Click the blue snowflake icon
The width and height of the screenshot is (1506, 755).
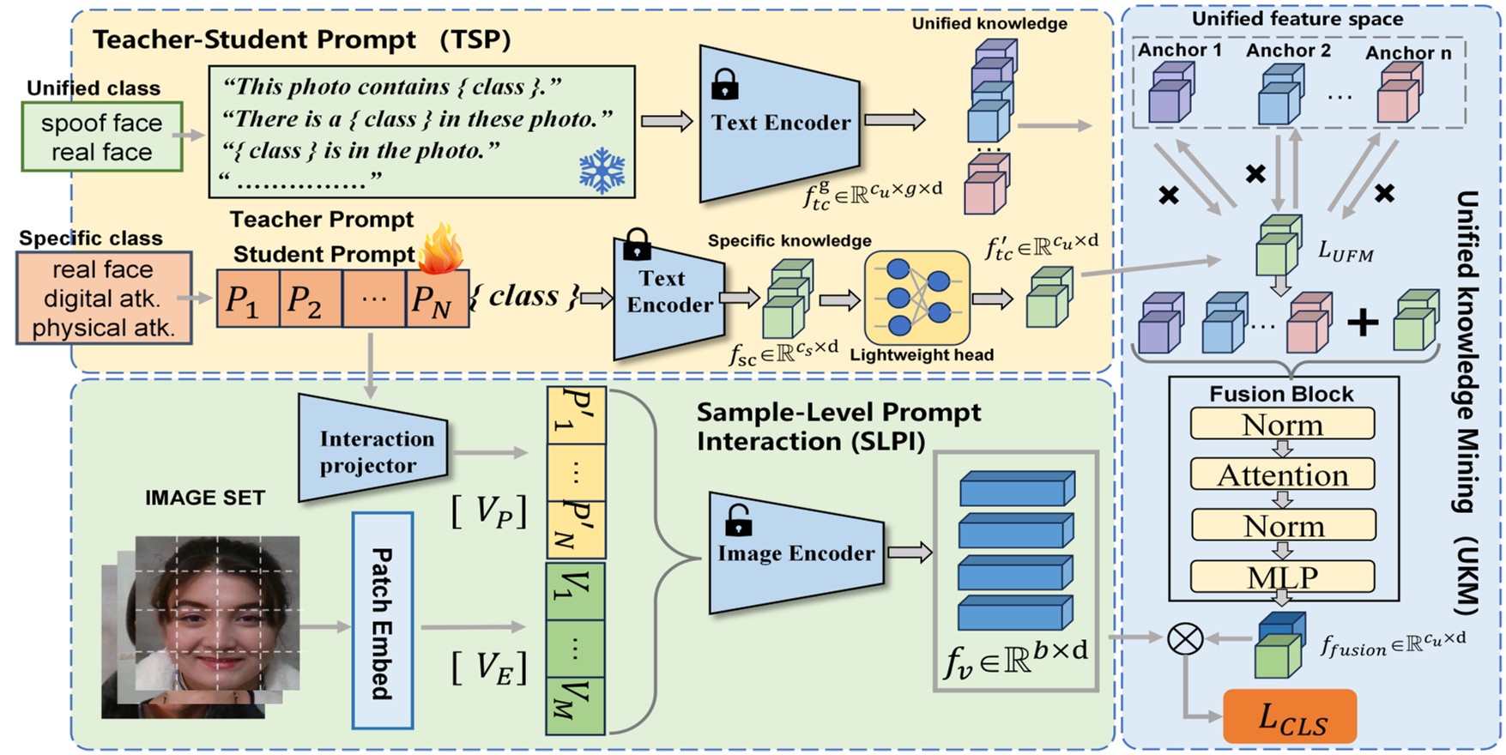coord(602,170)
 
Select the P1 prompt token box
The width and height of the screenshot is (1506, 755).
coord(247,299)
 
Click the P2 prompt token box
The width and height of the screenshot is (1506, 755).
coord(310,299)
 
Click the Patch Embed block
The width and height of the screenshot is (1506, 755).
coord(382,621)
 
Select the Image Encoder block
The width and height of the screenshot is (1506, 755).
coord(795,553)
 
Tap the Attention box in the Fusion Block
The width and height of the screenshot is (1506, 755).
coord(1282,474)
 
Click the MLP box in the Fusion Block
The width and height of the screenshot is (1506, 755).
coord(1282,577)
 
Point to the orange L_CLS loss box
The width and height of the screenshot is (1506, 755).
coord(1290,716)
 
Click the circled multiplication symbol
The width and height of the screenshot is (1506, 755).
coord(1185,637)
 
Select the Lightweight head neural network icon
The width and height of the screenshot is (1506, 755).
coord(917,297)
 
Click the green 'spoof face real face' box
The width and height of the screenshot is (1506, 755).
coord(101,137)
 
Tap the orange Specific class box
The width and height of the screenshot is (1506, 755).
coord(103,299)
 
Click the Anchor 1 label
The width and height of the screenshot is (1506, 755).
coord(1179,51)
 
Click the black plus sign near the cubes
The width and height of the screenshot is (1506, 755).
coord(1362,323)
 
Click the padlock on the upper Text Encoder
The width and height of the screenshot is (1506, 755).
coord(724,84)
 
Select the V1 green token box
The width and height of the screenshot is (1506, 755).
coord(575,589)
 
